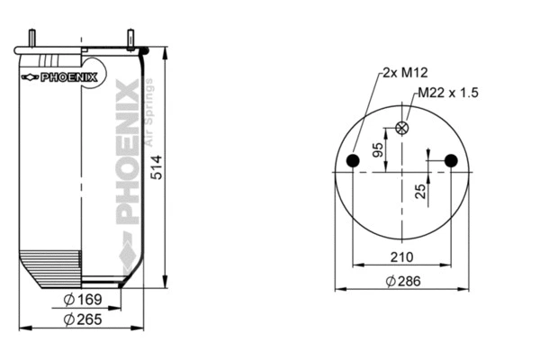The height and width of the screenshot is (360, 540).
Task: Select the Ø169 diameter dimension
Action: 81,300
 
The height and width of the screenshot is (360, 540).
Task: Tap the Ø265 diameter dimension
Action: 81,319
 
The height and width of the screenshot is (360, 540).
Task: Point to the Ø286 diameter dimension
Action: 402,281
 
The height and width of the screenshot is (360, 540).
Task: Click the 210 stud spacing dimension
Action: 402,257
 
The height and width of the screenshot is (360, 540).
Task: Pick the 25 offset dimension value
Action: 419,190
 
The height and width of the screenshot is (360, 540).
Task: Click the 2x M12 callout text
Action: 402,72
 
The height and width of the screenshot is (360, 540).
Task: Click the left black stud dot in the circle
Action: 354,161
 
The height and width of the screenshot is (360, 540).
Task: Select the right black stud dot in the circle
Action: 451,161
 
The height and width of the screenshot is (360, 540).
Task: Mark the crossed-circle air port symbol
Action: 402,128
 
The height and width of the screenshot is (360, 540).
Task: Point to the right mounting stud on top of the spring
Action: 130,40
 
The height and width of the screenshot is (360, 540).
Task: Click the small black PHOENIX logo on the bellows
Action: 59,76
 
